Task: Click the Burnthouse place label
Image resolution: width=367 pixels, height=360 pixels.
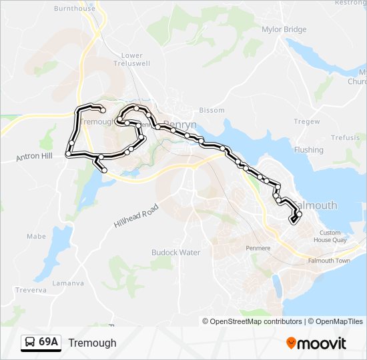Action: coord(74,9)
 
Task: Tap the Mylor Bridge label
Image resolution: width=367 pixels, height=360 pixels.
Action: coord(285,29)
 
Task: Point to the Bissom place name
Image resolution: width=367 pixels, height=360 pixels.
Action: coord(212,110)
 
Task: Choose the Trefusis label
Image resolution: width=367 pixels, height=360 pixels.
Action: coord(345,137)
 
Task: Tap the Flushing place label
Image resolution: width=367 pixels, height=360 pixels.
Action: coord(308,150)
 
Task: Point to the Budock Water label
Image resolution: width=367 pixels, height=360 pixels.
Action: coord(176,253)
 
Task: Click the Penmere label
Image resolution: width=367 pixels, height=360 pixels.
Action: coord(258,248)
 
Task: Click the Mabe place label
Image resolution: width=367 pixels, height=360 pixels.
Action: coord(36,236)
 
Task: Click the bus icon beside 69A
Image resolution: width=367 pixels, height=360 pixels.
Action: coord(29,343)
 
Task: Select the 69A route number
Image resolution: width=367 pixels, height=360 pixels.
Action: coord(49,343)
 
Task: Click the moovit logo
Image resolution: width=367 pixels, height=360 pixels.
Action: coord(316,343)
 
